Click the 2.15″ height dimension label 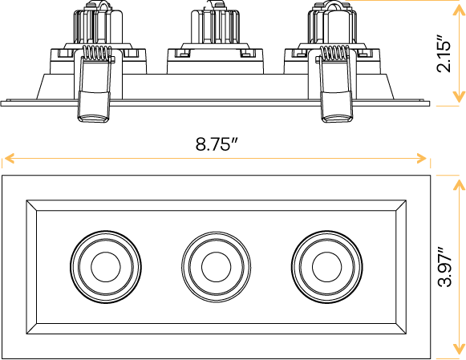point(447,53)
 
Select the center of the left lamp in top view point(105,265)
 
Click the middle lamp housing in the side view point(214,40)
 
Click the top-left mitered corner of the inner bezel point(32,205)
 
